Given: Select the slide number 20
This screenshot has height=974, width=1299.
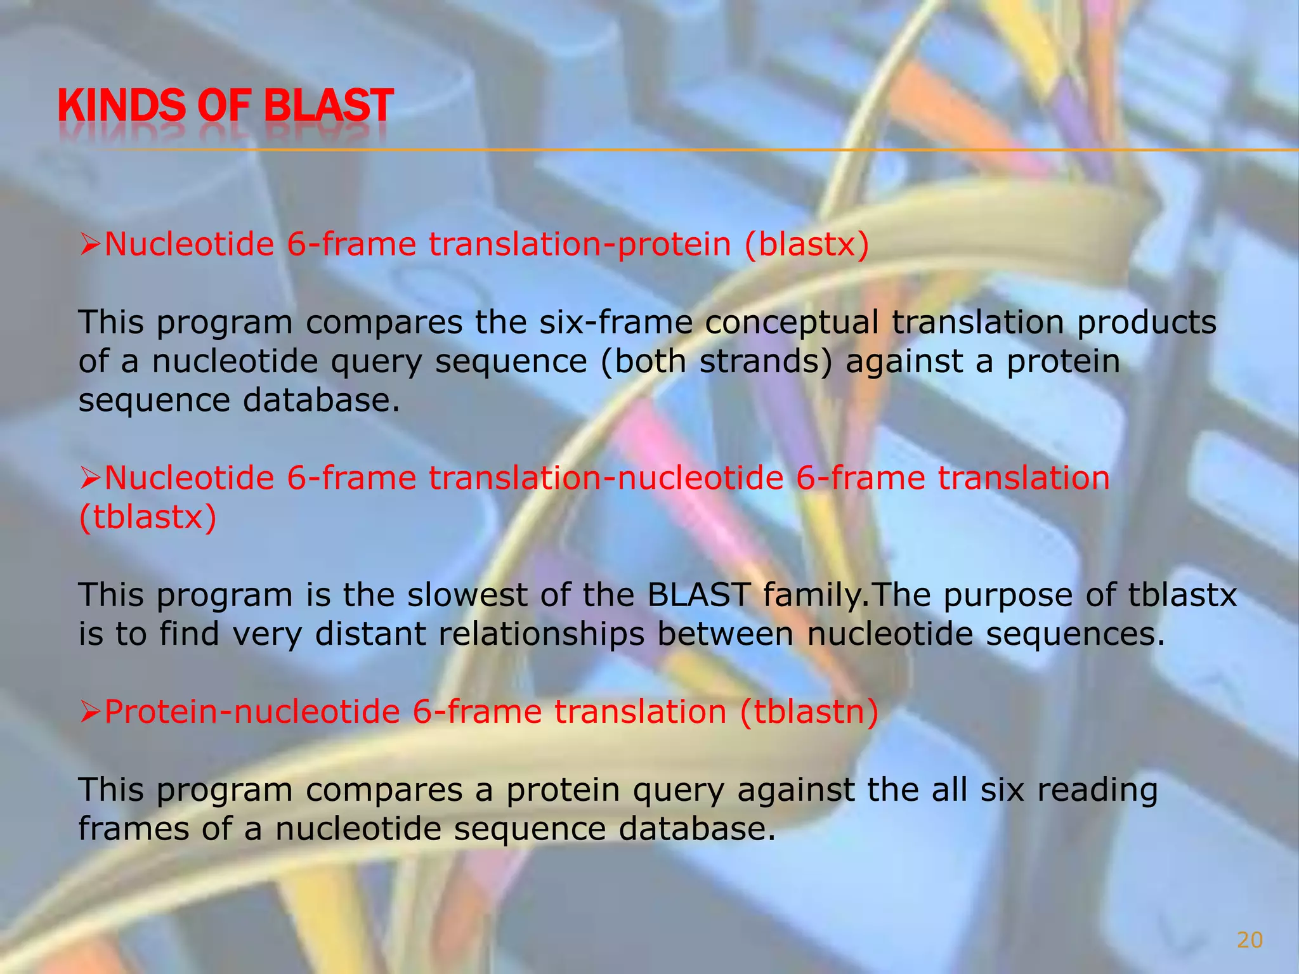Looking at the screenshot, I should pos(1250,940).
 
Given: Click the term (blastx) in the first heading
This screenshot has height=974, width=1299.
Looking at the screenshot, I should pos(806,244).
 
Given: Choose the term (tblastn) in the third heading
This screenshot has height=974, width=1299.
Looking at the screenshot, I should pos(810,711).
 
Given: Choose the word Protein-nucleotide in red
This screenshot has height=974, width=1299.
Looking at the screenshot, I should pos(251,711).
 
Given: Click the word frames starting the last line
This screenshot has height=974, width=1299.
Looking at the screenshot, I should pos(134,829).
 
